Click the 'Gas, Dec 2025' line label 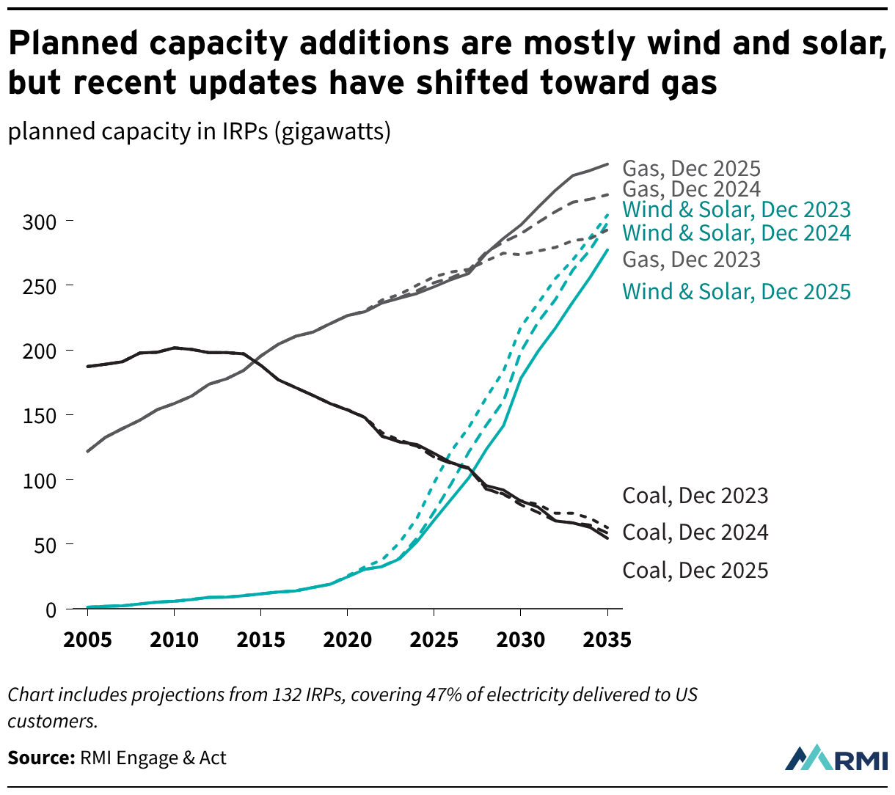(x=691, y=169)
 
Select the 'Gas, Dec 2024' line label (x=691, y=189)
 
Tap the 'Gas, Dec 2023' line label (x=691, y=260)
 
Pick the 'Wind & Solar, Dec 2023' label (x=736, y=210)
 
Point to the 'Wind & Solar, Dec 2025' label (x=736, y=292)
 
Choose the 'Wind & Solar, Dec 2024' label (x=736, y=233)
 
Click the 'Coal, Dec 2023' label (x=695, y=496)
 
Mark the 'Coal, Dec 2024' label (x=695, y=532)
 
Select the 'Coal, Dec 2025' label (x=695, y=571)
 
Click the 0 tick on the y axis (x=51, y=610)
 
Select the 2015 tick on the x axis (x=260, y=640)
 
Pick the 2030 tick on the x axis (x=520, y=640)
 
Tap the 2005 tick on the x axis (x=87, y=640)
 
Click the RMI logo (x=836, y=758)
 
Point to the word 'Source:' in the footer (x=41, y=758)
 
